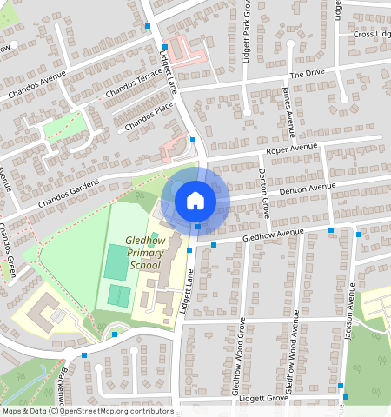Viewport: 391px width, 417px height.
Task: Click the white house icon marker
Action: [x=195, y=201]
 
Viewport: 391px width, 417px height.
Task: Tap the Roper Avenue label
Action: [x=293, y=150]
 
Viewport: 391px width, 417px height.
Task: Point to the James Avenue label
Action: [x=288, y=110]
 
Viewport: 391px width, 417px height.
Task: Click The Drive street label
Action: [x=307, y=75]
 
